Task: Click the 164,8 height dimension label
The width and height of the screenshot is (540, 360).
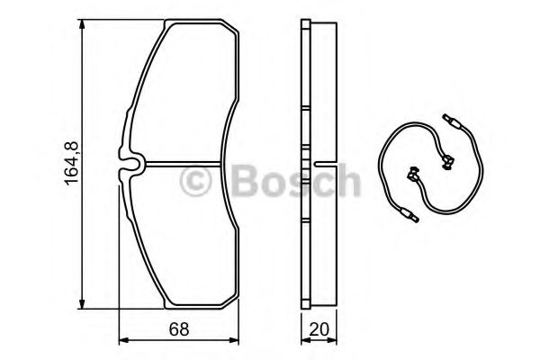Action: tap(72, 163)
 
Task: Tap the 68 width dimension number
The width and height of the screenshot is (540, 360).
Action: tap(179, 329)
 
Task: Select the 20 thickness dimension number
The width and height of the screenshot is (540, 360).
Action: tap(319, 329)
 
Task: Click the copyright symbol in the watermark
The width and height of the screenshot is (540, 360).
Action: tap(195, 181)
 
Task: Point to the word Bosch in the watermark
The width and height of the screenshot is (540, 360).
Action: tap(296, 180)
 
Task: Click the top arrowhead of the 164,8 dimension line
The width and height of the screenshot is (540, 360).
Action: tap(82, 26)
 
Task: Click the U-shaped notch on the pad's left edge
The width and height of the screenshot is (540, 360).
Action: tap(130, 163)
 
